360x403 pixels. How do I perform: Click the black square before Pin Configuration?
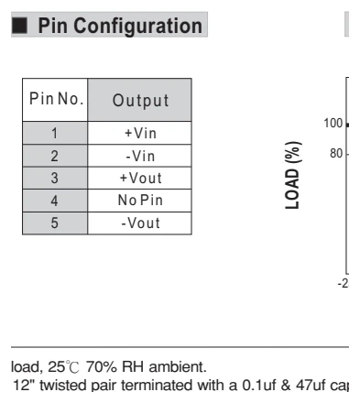[19, 26]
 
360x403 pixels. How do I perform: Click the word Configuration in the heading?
[137, 27]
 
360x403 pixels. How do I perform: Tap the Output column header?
[140, 101]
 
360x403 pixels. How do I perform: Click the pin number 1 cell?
[55, 133]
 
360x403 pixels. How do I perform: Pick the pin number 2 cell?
[55, 156]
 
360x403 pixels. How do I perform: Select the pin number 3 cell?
[55, 179]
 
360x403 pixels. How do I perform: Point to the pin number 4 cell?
[55, 201]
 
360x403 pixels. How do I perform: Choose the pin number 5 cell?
[55, 223]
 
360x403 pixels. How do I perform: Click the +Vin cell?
[140, 134]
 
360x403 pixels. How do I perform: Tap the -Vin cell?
[140, 157]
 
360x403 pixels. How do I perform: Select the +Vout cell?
[140, 179]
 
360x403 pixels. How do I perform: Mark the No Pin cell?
[140, 201]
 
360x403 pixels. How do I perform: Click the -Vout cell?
[140, 223]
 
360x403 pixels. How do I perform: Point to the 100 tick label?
[333, 124]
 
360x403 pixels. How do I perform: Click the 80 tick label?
[336, 154]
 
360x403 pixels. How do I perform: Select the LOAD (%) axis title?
[292, 175]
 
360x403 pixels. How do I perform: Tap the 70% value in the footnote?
[102, 367]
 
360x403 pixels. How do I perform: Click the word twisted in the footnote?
[65, 386]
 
